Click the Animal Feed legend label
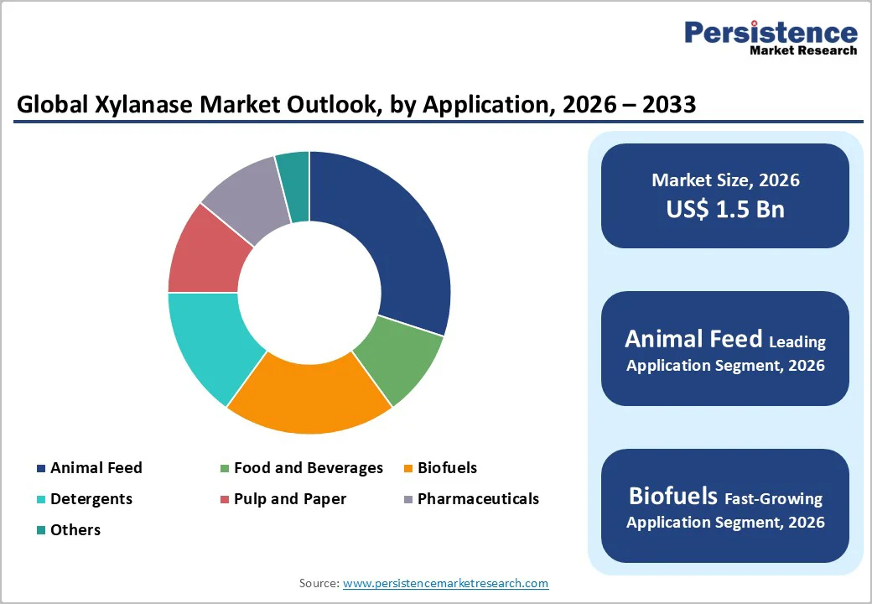tap(96, 468)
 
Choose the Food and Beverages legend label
tap(308, 468)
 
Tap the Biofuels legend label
tap(447, 468)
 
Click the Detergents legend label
tap(91, 499)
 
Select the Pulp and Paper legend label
tap(289, 499)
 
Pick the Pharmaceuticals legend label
tap(478, 499)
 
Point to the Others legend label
tap(75, 530)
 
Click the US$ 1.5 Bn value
tap(725, 209)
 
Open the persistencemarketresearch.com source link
tap(445, 583)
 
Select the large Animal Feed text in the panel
tap(693, 339)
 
